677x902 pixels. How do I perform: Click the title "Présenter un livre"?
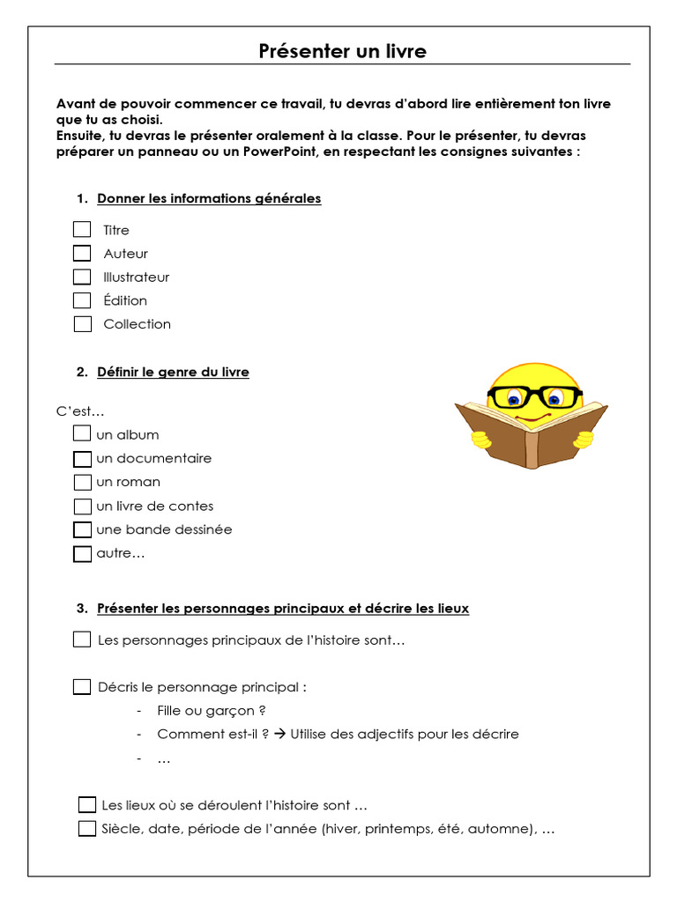pos(342,51)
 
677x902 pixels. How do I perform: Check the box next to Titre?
pos(82,230)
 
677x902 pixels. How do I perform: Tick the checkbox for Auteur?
pos(82,254)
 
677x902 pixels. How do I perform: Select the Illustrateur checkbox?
pos(82,277)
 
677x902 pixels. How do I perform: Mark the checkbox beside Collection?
pos(83,323)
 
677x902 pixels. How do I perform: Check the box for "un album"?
pos(82,433)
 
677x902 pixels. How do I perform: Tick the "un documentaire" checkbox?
pos(82,458)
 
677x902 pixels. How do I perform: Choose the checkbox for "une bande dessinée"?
pos(82,529)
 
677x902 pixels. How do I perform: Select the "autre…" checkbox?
pos(82,554)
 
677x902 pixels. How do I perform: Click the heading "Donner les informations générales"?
pos(209,198)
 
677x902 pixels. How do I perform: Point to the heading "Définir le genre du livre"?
pos(173,372)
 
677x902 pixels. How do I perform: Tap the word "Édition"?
pos(125,300)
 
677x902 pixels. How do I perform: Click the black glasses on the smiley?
pos(534,397)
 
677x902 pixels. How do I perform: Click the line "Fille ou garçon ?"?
pos(212,710)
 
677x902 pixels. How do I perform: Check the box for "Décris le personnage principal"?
pos(82,686)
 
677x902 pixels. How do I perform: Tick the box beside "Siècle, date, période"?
pos(86,828)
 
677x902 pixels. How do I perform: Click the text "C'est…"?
pos(80,410)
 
